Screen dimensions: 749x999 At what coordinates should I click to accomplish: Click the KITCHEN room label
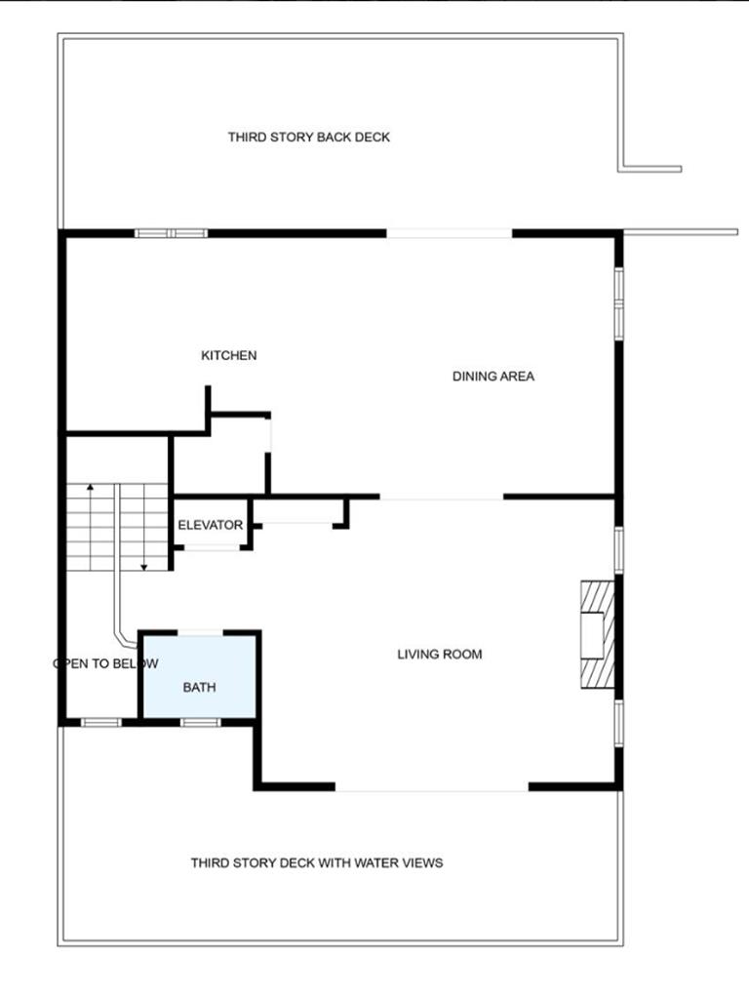(228, 355)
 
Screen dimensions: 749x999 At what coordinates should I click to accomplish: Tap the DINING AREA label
(493, 377)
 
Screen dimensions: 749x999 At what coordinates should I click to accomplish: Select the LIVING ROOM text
(440, 655)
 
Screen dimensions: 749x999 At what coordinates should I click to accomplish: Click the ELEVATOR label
(211, 525)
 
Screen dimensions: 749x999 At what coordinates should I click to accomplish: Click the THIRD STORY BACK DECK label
(309, 137)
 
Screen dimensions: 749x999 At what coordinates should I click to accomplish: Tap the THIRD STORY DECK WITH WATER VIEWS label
(317, 862)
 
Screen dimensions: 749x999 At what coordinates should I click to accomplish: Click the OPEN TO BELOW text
(105, 663)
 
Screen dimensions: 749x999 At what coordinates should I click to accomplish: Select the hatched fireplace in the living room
(598, 634)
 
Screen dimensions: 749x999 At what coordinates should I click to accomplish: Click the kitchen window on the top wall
(172, 234)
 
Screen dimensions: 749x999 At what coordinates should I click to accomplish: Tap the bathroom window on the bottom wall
(201, 723)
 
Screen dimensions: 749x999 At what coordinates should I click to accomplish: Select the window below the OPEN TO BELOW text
(100, 723)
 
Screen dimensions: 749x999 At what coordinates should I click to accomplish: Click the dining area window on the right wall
(618, 303)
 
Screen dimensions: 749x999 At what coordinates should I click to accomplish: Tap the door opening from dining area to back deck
(450, 234)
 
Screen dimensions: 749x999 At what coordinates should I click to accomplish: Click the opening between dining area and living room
(442, 497)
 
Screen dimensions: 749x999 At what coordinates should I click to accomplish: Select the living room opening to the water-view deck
(432, 787)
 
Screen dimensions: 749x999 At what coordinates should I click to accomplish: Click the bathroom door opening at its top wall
(200, 632)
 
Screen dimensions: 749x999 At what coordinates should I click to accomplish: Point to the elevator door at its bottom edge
(212, 546)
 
